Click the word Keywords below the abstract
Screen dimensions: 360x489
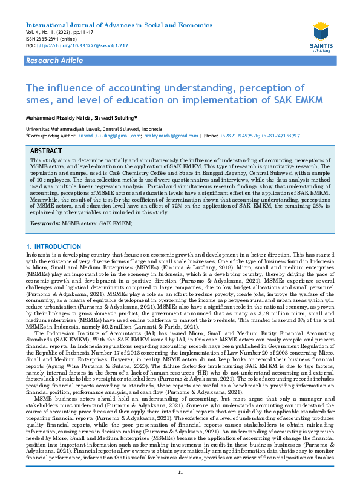click(44, 223)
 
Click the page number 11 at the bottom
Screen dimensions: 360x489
click(180, 472)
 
